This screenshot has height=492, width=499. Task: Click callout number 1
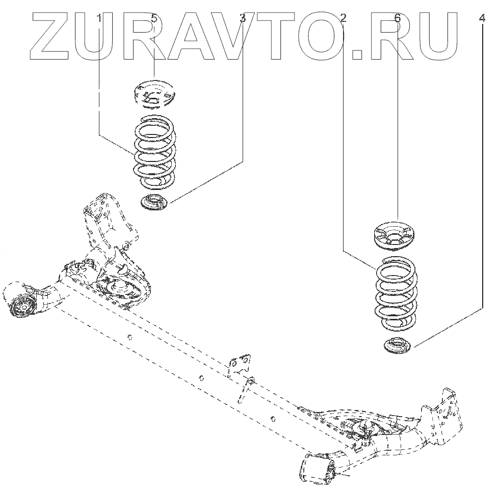99,19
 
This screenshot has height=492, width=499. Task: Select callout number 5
154,19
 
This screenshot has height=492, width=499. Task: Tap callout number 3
243,19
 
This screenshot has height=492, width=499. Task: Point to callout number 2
343,19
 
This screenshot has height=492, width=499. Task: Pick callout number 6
397,19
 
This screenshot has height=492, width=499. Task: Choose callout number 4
482,19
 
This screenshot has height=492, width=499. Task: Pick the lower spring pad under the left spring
154,201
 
